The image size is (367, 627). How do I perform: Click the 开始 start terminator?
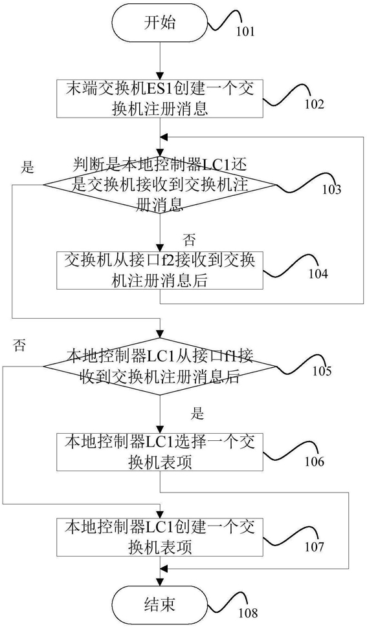160,23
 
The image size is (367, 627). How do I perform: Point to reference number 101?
245,31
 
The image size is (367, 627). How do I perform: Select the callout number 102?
314,104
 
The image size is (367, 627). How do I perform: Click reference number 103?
332,189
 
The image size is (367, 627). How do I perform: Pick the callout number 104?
318,274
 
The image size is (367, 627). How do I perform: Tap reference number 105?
322,371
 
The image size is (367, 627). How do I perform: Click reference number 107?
314,546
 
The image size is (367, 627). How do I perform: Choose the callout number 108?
247,613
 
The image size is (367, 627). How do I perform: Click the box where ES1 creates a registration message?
160,99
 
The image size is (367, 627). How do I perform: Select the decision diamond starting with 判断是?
160,185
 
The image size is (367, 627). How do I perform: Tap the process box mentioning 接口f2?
160,270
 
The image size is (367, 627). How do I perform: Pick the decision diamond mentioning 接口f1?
160,367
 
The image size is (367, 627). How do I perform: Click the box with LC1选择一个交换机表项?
160,452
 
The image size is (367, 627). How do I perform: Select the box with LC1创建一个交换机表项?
160,537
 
